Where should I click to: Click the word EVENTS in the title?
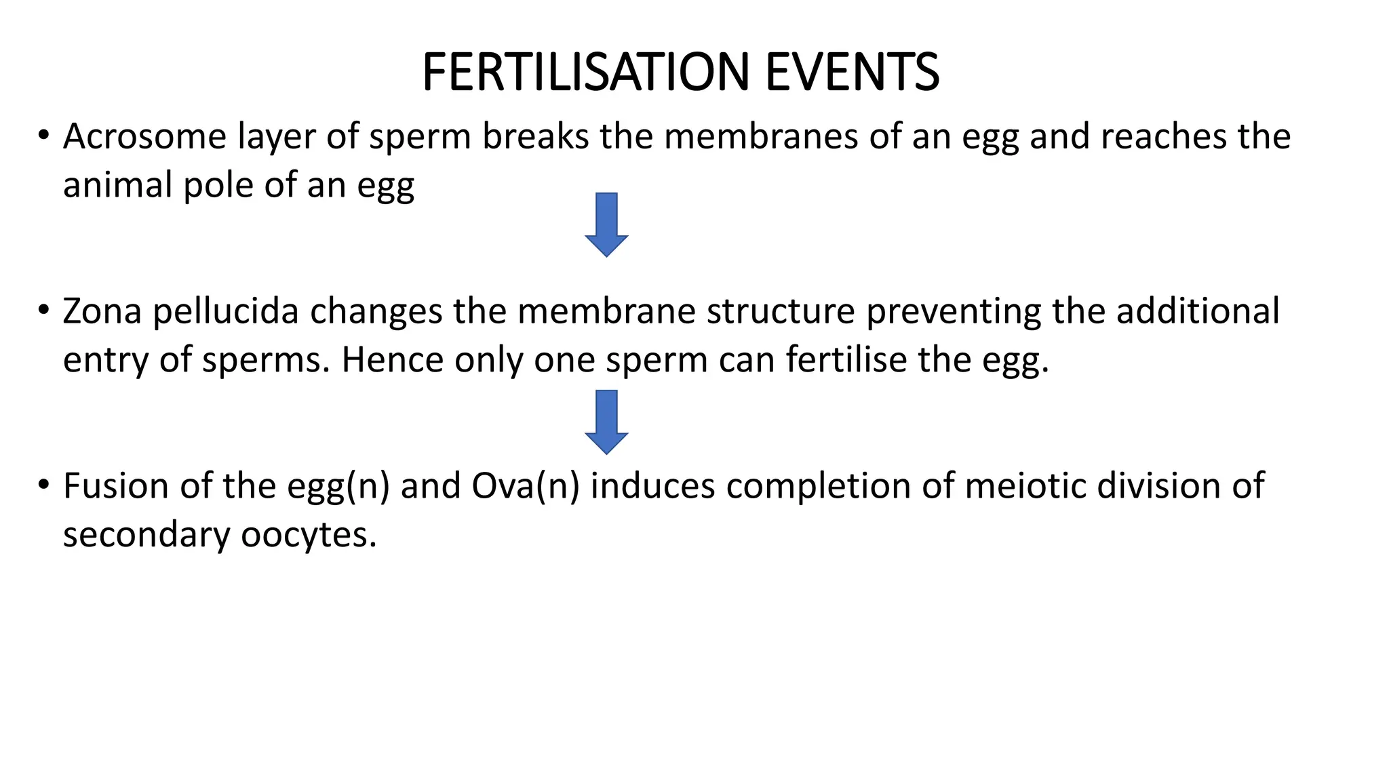[853, 72]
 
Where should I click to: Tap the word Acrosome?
[144, 136]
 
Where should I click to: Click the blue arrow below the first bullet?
[606, 224]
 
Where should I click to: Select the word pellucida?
[226, 311]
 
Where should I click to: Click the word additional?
[1198, 311]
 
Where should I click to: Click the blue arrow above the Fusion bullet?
[606, 422]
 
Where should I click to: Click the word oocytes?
[309, 535]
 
